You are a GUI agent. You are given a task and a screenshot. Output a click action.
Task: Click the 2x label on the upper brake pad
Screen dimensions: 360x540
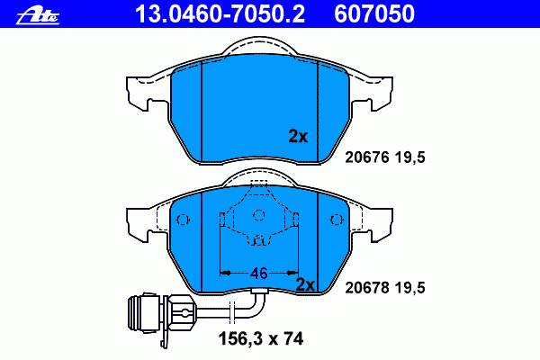pos(298,137)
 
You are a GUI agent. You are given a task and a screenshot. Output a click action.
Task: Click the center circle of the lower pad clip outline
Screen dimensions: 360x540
pos(259,214)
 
